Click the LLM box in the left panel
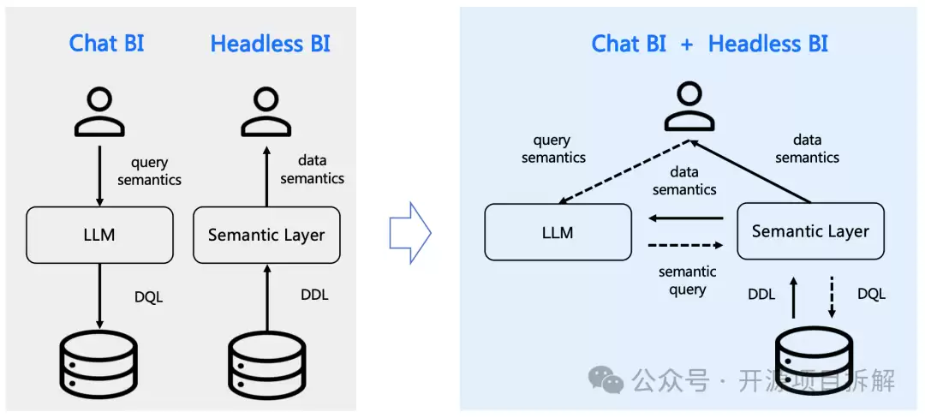(x=99, y=236)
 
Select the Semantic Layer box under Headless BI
(x=266, y=236)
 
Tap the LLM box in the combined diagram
(x=558, y=232)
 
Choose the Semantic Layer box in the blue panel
(x=810, y=231)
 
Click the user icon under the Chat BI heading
(x=99, y=111)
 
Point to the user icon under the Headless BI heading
(x=266, y=111)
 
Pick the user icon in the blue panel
(x=689, y=106)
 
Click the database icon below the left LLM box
(x=99, y=367)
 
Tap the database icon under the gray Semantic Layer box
(x=266, y=367)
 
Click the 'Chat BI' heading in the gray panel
(x=106, y=44)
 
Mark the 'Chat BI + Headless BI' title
(x=710, y=44)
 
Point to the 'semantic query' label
(x=688, y=281)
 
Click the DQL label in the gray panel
(x=149, y=297)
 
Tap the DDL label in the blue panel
(x=761, y=294)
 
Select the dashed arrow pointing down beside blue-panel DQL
(x=832, y=297)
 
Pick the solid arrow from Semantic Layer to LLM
(x=685, y=218)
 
